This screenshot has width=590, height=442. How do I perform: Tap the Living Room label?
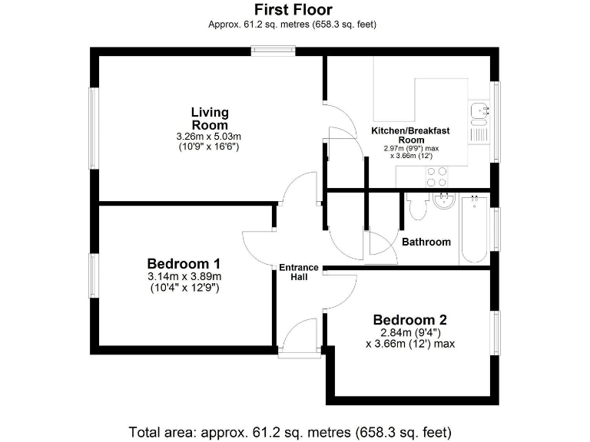(209, 119)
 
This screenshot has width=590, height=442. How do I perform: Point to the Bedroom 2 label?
(409, 319)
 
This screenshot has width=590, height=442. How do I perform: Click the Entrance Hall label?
(299, 272)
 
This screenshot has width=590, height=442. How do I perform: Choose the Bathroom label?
(426, 242)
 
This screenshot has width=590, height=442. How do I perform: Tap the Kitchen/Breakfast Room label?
(411, 135)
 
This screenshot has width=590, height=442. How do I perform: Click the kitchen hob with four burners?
(436, 176)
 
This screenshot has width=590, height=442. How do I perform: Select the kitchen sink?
(479, 113)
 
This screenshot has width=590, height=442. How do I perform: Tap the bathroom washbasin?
(445, 202)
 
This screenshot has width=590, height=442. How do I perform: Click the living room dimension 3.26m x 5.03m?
(208, 137)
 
